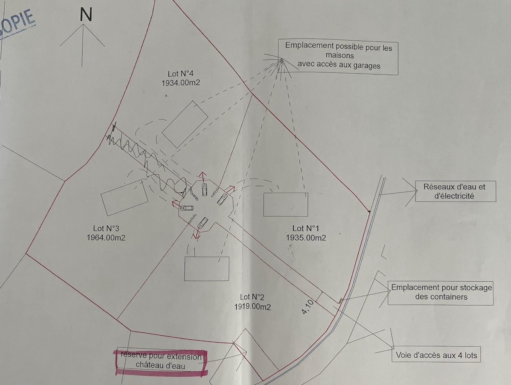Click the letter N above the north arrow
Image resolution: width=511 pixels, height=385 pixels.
(86, 15)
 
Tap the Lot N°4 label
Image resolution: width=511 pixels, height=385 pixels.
(180, 74)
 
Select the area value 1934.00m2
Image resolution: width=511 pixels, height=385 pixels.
(180, 83)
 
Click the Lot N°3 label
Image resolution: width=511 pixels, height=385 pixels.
(106, 228)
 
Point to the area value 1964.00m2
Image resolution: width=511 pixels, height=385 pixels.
(106, 238)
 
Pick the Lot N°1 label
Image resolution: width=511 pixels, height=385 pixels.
(306, 228)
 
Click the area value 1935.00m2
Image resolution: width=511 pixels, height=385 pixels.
(306, 238)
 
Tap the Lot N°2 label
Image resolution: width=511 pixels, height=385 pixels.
(252, 297)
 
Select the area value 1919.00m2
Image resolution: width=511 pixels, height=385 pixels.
(252, 307)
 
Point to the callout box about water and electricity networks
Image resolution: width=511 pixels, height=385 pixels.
(455, 191)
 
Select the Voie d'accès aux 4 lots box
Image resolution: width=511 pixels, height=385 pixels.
(436, 355)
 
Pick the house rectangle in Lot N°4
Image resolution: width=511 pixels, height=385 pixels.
(185, 124)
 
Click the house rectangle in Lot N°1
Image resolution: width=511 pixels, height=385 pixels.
(286, 205)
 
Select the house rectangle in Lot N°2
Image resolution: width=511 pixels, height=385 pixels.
(207, 268)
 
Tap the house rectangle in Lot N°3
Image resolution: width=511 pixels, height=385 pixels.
(124, 197)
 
